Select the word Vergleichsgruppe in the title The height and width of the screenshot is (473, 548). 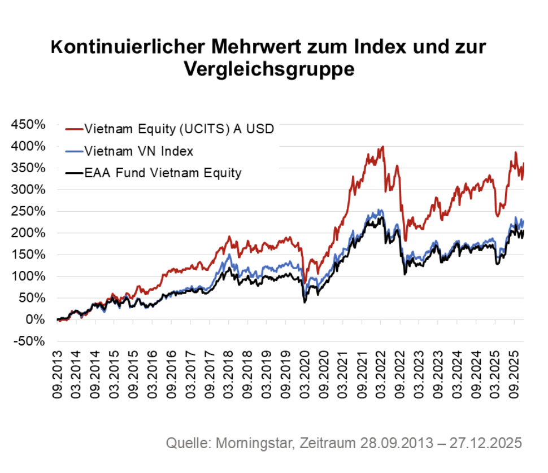click(x=269, y=69)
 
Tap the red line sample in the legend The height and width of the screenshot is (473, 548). click(x=74, y=129)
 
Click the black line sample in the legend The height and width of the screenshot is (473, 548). click(x=74, y=173)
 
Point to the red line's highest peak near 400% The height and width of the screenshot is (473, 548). click(x=383, y=147)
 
